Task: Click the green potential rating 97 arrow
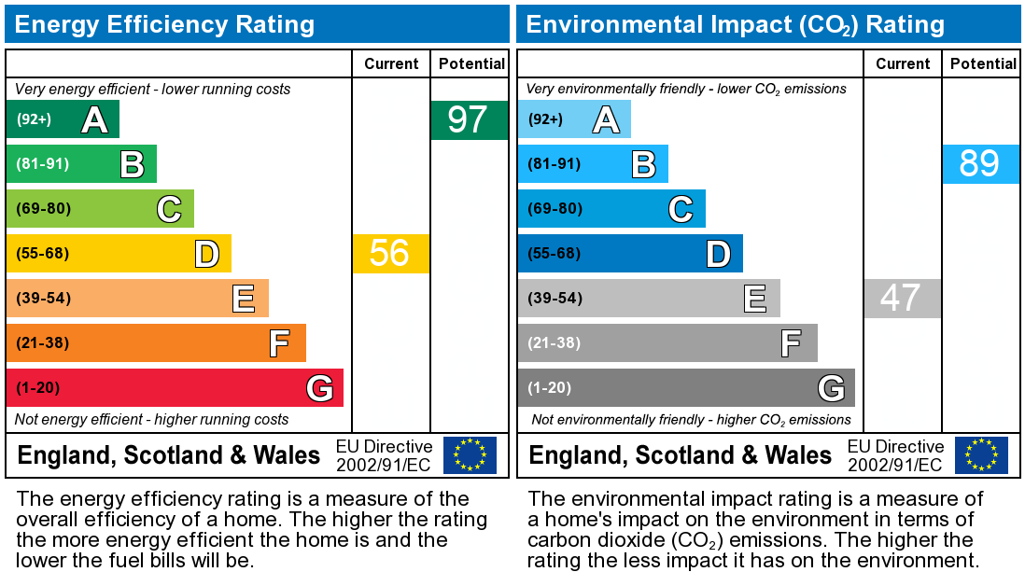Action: click(470, 120)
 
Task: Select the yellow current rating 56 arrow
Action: click(390, 254)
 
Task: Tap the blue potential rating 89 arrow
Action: click(980, 164)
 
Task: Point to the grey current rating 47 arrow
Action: click(902, 299)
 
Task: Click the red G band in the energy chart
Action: click(175, 388)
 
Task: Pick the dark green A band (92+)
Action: click(63, 119)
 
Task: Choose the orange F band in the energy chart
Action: click(156, 343)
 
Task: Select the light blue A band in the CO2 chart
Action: click(574, 119)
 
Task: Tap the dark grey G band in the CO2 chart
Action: click(686, 388)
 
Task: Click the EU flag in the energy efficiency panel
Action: click(470, 454)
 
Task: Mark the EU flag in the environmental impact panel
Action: click(981, 454)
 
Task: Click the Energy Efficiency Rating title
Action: click(164, 24)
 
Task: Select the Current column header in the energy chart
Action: click(391, 63)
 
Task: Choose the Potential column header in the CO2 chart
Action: click(983, 63)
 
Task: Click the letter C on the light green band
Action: click(169, 209)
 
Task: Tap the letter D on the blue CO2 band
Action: click(718, 254)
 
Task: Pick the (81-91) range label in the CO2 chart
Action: click(555, 164)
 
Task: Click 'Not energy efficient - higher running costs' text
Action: click(152, 420)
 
